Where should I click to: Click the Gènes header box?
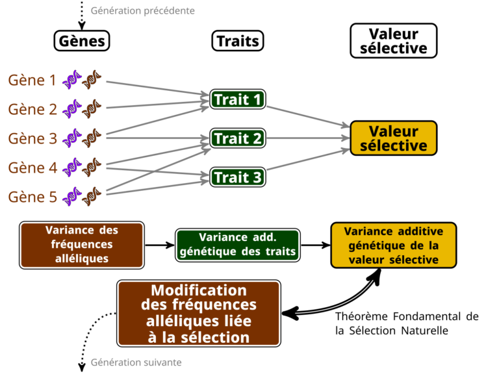[82, 41]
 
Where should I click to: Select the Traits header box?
[238, 41]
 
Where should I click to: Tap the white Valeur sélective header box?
[394, 41]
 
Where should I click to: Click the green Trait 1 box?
[238, 99]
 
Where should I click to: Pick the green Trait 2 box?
[238, 138]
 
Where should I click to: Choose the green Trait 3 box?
[238, 177]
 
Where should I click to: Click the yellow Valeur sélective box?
[394, 138]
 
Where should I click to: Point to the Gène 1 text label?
[32, 80]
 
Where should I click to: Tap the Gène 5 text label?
[32, 197]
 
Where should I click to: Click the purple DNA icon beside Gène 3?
[71, 138]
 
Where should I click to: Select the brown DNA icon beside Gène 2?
[92, 109]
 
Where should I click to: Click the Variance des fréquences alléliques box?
[82, 245]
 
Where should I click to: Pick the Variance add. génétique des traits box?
[238, 245]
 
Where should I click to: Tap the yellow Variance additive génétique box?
[394, 245]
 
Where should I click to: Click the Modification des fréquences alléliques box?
[199, 314]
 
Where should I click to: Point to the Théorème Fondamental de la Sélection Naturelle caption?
[407, 323]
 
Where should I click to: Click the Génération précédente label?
[142, 11]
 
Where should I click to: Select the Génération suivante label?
[136, 362]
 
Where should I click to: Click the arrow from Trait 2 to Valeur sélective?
[309, 138]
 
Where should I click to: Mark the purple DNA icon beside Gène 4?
[71, 168]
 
